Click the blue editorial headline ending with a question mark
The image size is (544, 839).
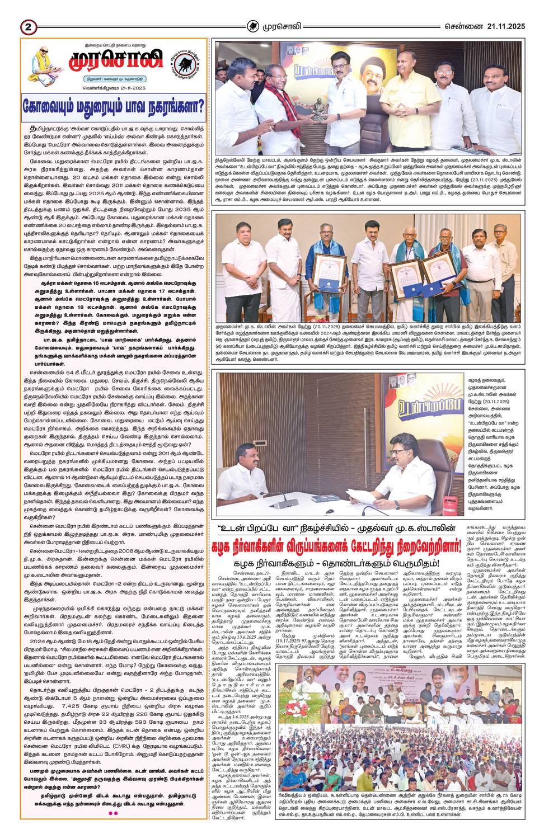point(114,107)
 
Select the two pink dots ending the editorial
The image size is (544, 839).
point(113,813)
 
